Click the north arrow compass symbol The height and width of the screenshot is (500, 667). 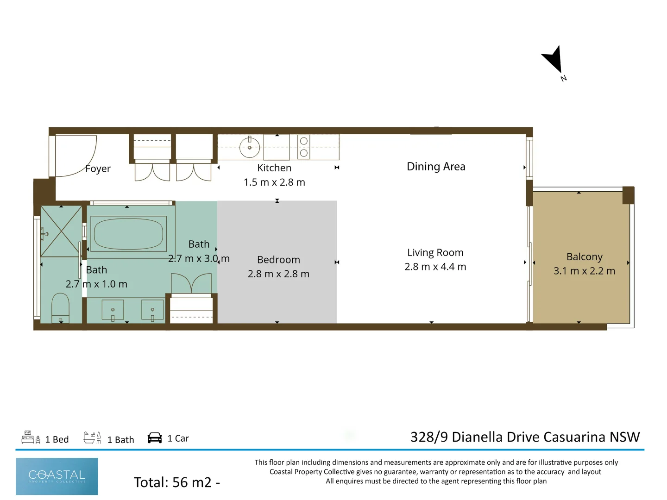tap(554, 60)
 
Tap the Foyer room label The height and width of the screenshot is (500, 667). tap(98, 169)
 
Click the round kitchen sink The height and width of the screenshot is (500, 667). tap(250, 148)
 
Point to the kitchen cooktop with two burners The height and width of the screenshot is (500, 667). tap(304, 147)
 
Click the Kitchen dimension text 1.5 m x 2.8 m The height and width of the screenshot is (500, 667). tap(274, 182)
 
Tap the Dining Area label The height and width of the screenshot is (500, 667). tap(436, 167)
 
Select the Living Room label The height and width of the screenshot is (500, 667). tap(435, 253)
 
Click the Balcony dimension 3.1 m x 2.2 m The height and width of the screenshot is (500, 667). tap(584, 271)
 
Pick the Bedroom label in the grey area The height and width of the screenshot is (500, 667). tap(278, 260)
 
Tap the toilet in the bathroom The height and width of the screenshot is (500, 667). tap(60, 306)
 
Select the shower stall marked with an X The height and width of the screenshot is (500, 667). tap(61, 231)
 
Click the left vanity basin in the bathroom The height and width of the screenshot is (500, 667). tap(113, 310)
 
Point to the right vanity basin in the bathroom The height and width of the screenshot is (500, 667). tap(152, 310)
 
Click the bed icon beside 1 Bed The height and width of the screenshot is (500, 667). tap(31, 437)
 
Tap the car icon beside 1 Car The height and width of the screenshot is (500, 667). tap(155, 438)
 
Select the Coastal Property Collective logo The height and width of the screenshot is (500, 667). tap(57, 476)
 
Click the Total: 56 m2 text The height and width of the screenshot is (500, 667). tap(176, 482)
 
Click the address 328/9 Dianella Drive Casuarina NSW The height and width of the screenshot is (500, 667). tap(525, 437)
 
